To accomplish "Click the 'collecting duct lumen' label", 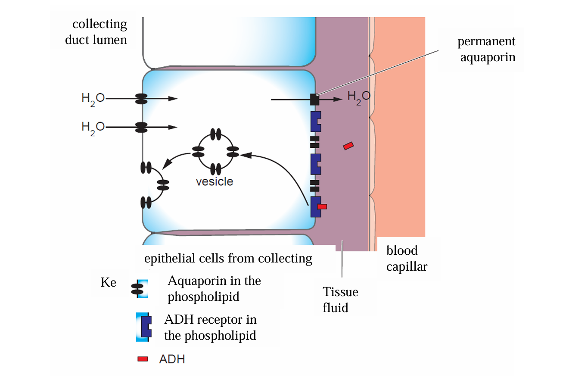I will tap(96, 32).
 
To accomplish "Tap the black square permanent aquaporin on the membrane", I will tap(315, 100).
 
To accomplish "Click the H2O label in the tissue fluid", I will tap(358, 98).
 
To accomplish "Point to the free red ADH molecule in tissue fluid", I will tap(348, 146).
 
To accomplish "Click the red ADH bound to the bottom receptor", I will tap(322, 206).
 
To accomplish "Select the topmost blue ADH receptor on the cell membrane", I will tap(315, 121).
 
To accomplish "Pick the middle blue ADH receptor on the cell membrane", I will tap(315, 164).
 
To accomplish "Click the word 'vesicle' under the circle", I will tap(215, 181).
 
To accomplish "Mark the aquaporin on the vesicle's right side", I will tap(233, 152).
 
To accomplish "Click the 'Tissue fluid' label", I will tap(340, 300).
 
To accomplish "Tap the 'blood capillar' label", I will tap(407, 259).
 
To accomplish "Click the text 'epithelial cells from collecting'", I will tap(228, 258).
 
